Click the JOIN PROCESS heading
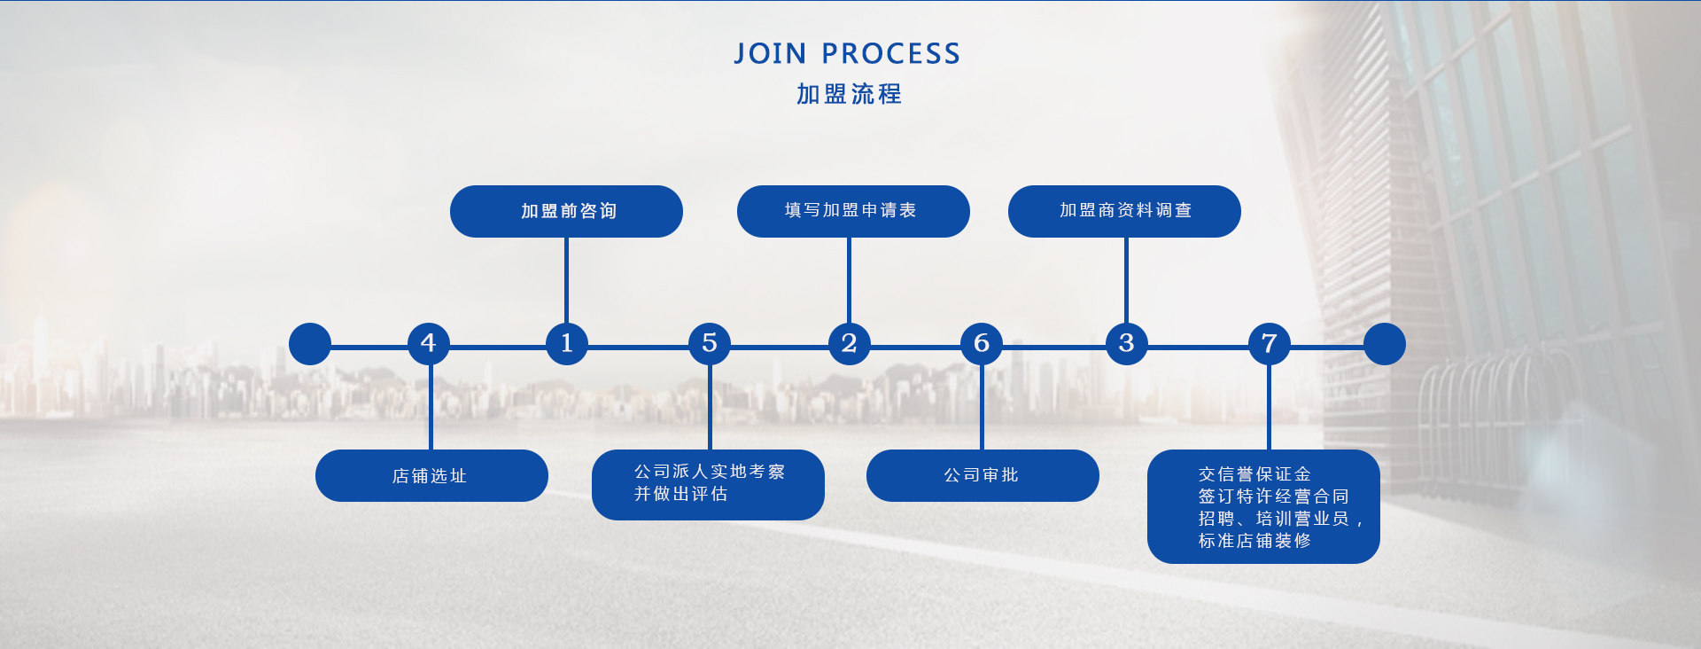[847, 54]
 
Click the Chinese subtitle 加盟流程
[849, 94]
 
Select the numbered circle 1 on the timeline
[567, 343]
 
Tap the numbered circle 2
[849, 343]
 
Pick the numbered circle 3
[1126, 343]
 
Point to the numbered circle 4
[429, 343]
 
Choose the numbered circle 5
[710, 343]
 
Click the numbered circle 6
[982, 343]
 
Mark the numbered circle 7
[1269, 343]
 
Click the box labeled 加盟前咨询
[566, 211]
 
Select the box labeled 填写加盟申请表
[853, 211]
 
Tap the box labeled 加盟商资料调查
[1124, 211]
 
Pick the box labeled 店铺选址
[431, 476]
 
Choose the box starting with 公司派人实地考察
[708, 484]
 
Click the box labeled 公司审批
[983, 476]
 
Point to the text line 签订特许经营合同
[1273, 497]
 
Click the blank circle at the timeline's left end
[310, 344]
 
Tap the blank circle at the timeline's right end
[1384, 344]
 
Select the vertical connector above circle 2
[849, 279]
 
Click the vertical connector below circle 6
[982, 408]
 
